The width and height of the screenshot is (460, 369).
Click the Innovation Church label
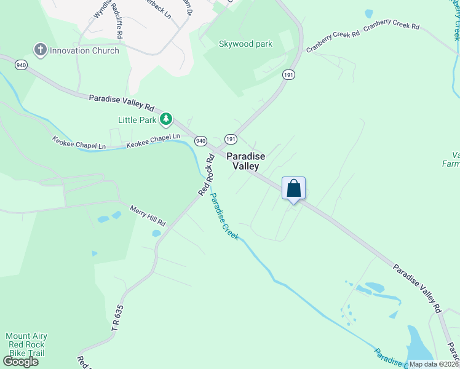click(x=84, y=50)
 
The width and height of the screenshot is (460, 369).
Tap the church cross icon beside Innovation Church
click(x=41, y=50)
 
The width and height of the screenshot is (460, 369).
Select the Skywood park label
click(x=245, y=44)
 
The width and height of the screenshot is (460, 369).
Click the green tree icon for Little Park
click(x=165, y=118)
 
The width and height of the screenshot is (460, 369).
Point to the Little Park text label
click(x=138, y=120)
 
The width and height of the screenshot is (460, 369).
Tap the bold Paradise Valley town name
click(x=246, y=161)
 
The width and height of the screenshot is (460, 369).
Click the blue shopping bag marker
click(x=294, y=189)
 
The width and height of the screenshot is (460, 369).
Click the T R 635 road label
click(x=118, y=319)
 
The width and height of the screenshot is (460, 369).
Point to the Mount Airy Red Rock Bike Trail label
click(x=26, y=345)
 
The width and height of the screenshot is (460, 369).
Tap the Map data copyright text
click(x=434, y=364)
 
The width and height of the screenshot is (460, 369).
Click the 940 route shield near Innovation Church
click(x=22, y=65)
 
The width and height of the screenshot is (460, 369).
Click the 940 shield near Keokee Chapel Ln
click(x=200, y=141)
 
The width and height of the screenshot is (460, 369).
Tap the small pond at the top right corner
click(x=369, y=14)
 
